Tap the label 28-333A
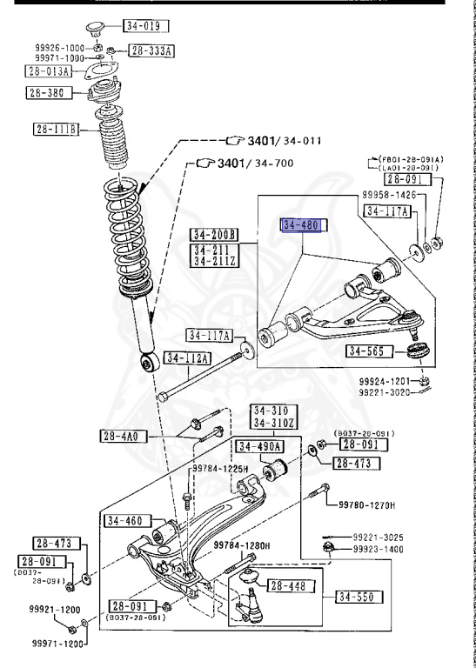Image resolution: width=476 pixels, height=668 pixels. tap(151, 51)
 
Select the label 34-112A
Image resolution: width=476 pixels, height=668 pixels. tap(184, 357)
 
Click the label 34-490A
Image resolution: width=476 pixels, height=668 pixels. tap(258, 446)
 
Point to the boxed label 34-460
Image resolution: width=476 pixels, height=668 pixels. tap(124, 521)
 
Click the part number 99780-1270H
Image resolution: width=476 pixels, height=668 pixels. tap(365, 504)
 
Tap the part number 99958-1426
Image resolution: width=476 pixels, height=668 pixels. tap(389, 197)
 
